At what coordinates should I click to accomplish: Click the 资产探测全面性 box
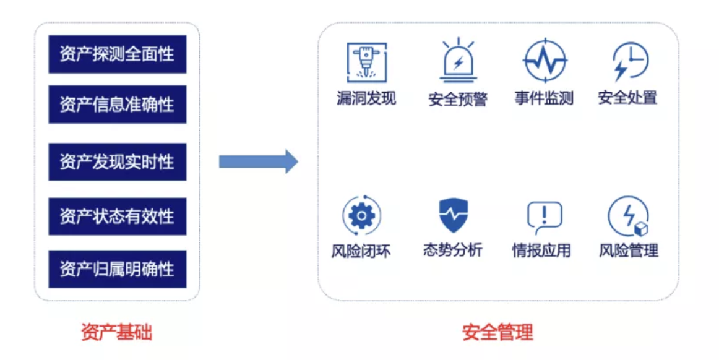118,54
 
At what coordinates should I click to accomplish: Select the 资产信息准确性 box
118,104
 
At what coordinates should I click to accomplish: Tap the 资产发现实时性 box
118,161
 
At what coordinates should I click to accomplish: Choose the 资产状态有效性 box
118,216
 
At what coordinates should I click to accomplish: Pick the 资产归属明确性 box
118,269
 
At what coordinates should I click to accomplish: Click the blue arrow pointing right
259,161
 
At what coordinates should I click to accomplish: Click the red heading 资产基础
116,332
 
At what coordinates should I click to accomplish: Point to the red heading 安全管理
497,332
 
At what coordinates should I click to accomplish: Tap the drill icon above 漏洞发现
367,62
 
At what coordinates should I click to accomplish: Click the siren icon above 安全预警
458,61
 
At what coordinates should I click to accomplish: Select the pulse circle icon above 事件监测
545,61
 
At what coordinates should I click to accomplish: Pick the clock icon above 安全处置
630,61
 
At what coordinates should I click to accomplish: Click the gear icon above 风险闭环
362,215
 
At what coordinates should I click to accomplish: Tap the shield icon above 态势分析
454,215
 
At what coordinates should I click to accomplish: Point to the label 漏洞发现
366,98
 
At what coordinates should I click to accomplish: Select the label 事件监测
544,98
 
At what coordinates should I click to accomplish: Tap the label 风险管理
629,251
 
